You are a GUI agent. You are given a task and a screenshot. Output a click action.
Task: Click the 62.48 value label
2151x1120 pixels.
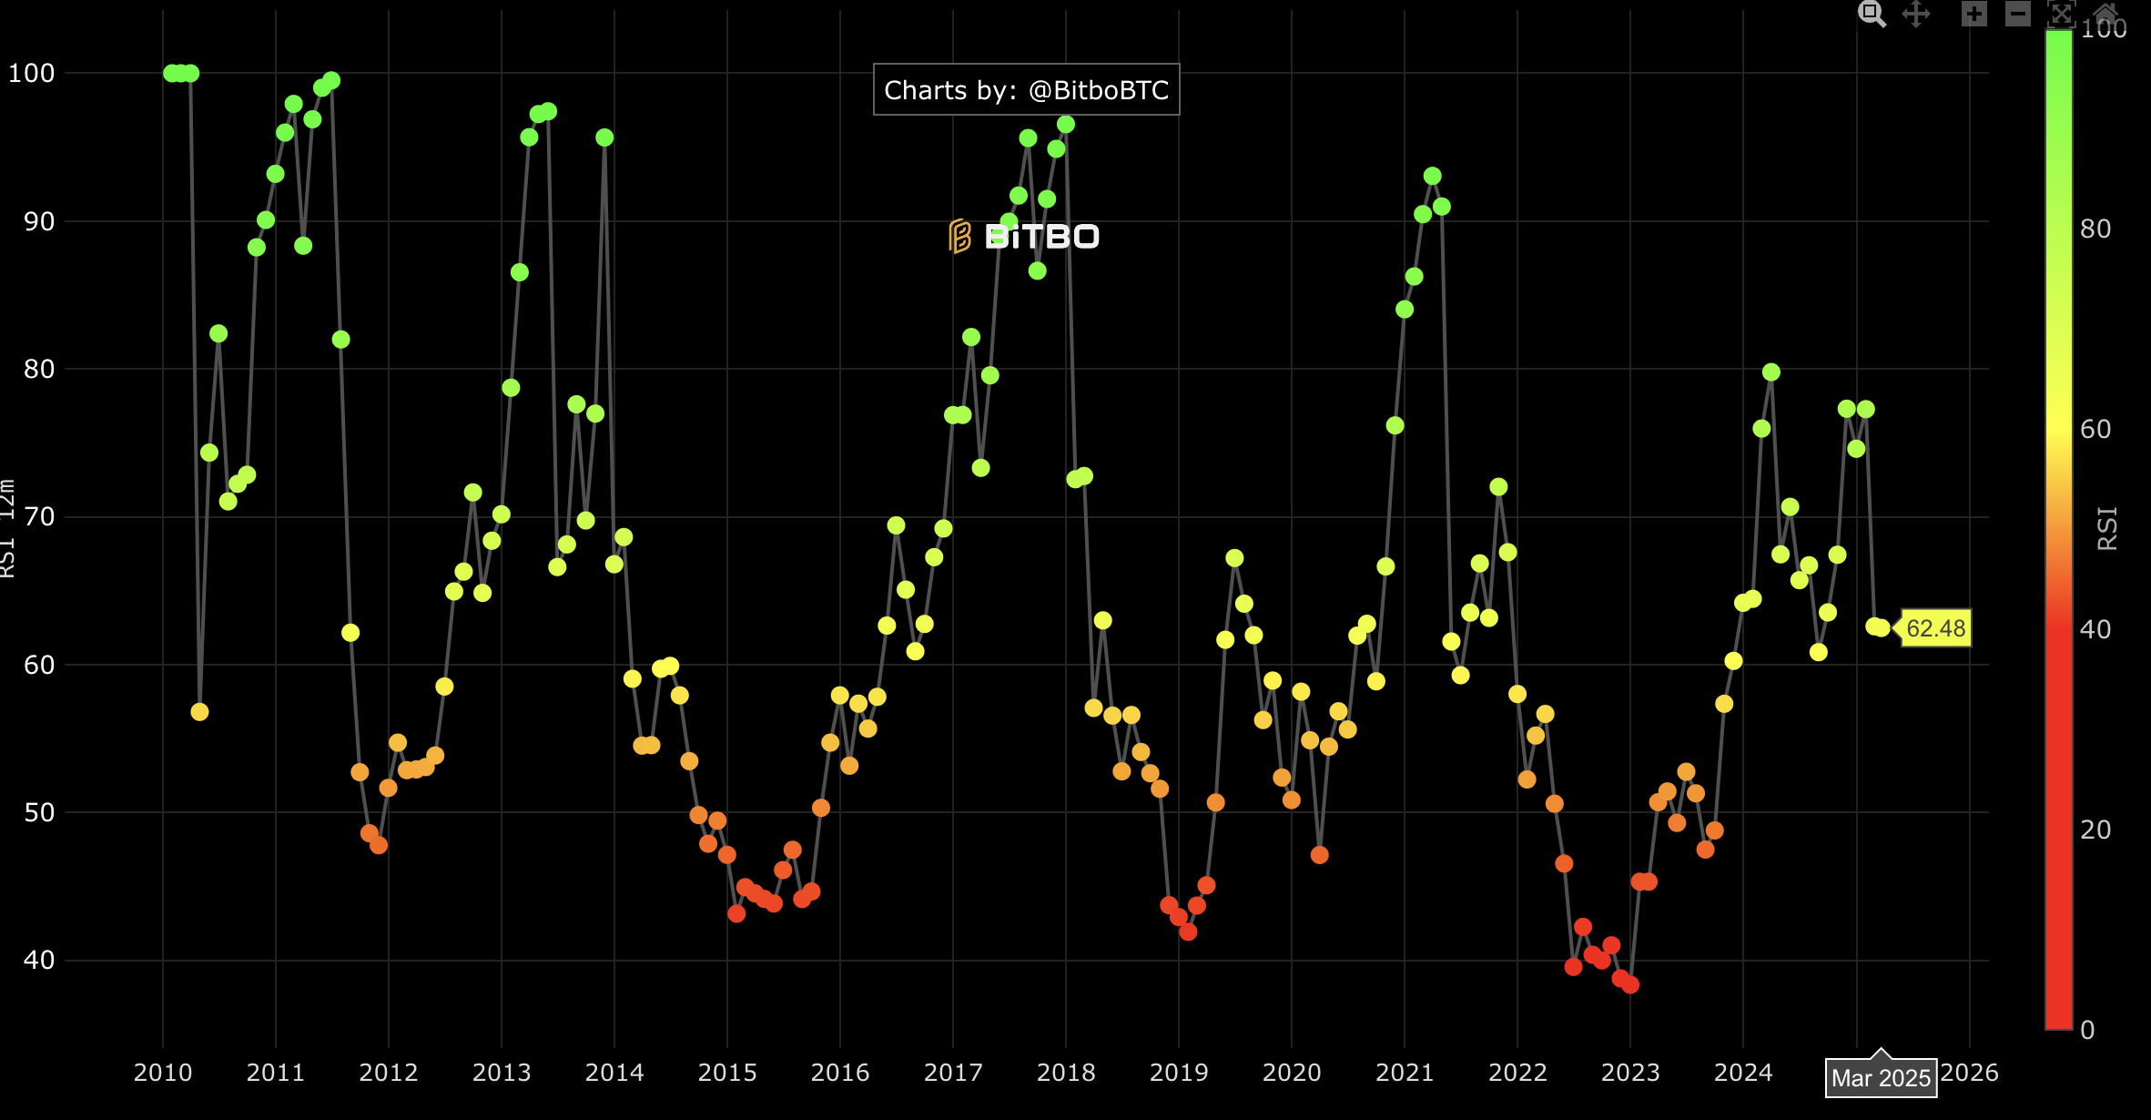point(1935,628)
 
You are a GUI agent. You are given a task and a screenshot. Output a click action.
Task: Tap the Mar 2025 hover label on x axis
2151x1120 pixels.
point(1881,1078)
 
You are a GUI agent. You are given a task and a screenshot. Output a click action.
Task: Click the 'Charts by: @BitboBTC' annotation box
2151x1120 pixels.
point(1026,90)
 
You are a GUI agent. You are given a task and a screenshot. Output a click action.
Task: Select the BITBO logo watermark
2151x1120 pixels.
point(1024,237)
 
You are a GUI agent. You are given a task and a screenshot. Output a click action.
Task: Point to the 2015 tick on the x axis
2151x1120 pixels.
point(726,1073)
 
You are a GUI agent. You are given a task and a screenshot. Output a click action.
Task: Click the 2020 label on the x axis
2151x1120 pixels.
point(1291,1073)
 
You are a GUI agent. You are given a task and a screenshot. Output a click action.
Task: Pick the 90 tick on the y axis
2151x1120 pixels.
point(39,221)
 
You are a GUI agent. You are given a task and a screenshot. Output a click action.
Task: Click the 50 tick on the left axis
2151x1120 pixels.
point(39,812)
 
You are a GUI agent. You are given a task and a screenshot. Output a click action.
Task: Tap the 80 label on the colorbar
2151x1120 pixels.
point(2095,229)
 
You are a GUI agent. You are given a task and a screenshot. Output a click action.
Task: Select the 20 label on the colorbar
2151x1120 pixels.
point(2095,830)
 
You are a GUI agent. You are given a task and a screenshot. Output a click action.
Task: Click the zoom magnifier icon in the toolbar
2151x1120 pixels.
point(1872,14)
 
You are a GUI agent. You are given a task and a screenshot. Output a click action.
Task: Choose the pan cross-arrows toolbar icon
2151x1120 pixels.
point(1916,14)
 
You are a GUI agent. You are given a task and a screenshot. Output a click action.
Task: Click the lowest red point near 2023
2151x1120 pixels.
point(1630,984)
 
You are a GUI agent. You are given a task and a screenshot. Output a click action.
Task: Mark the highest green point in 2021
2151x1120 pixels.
point(1433,176)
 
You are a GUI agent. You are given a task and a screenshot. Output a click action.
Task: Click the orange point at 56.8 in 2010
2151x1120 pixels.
point(199,712)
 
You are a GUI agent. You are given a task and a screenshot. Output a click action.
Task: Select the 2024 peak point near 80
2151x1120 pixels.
point(1771,372)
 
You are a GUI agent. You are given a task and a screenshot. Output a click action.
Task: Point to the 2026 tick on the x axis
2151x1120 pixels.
point(1969,1073)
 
